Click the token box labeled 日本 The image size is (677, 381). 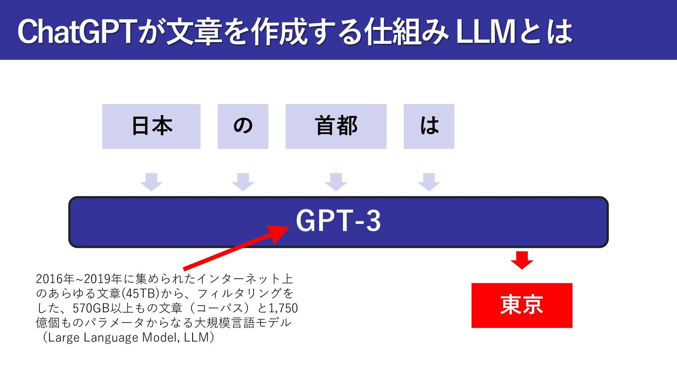click(x=151, y=126)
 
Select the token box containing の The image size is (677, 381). click(x=243, y=126)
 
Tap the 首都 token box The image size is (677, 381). click(x=336, y=126)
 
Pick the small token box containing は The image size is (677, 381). click(x=429, y=126)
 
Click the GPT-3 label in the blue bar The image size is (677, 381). click(x=338, y=221)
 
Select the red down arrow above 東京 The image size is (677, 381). click(x=522, y=260)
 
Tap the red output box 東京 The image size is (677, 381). click(x=522, y=306)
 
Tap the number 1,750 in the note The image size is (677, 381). click(x=283, y=308)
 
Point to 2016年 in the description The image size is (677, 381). click(x=55, y=279)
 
